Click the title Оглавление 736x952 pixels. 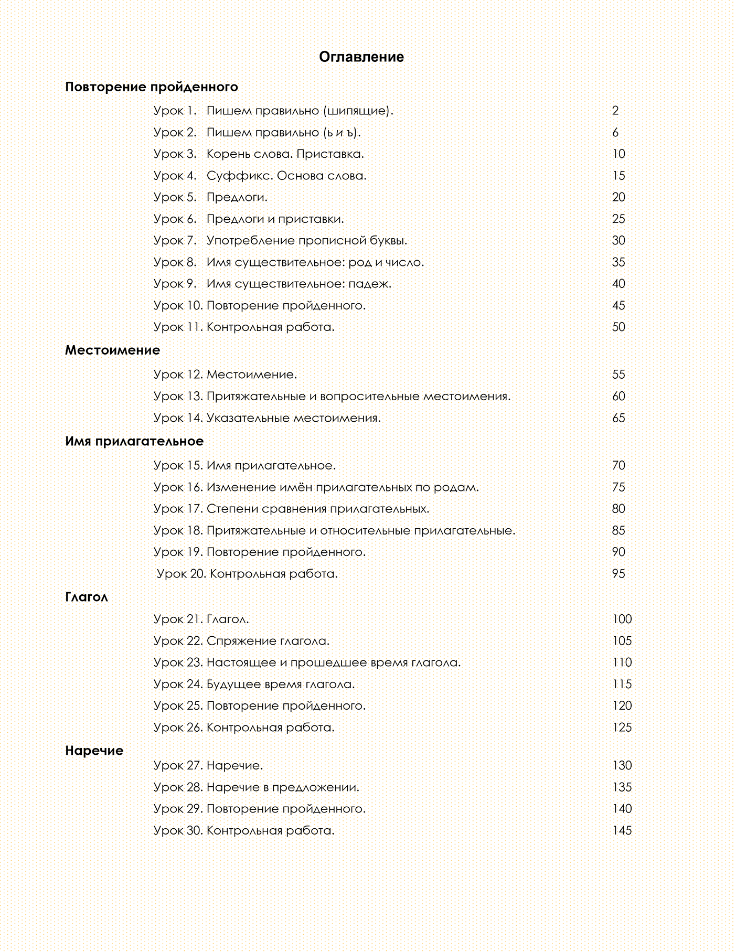(x=361, y=57)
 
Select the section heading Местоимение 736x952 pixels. (x=112, y=350)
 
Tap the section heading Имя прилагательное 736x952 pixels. (x=134, y=441)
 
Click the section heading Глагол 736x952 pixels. (x=87, y=597)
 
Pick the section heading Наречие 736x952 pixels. (x=94, y=751)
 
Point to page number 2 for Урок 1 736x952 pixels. (x=615, y=111)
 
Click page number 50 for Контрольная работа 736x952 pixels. (x=618, y=327)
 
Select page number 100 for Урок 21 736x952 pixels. (x=622, y=619)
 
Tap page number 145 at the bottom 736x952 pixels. (x=622, y=831)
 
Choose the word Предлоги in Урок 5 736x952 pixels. (x=237, y=198)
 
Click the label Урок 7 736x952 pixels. (x=175, y=241)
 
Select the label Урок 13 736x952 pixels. (x=178, y=397)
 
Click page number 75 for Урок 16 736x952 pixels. (x=618, y=487)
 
